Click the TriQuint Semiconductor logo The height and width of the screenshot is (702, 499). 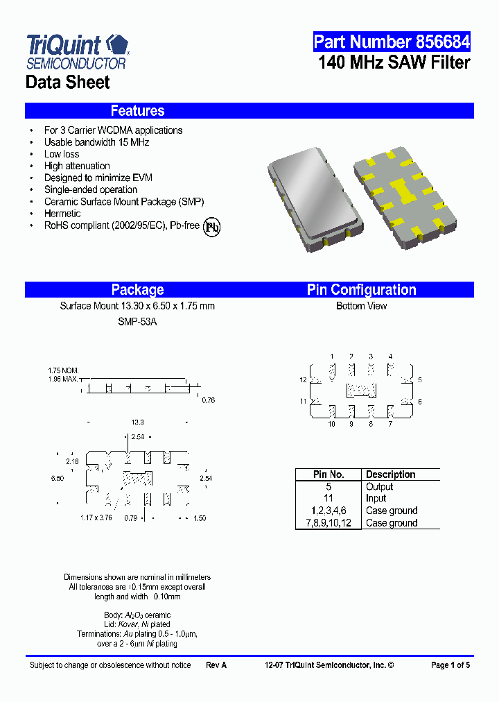pyautogui.click(x=77, y=51)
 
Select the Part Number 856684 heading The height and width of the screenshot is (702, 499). pyautogui.click(x=392, y=42)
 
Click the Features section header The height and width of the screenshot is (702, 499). pyautogui.click(x=137, y=111)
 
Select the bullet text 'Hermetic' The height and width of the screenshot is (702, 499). pyautogui.click(x=62, y=214)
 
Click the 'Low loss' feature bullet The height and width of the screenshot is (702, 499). pyautogui.click(x=62, y=154)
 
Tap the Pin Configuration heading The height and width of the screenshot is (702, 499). pyautogui.click(x=361, y=290)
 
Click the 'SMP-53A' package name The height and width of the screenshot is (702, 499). pyautogui.click(x=137, y=322)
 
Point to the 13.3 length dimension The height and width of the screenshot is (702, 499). pyautogui.click(x=137, y=422)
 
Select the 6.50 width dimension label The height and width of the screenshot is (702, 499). pyautogui.click(x=57, y=479)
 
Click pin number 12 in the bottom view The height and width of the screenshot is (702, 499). pyautogui.click(x=303, y=380)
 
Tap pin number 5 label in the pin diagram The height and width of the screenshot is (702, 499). pyautogui.click(x=420, y=380)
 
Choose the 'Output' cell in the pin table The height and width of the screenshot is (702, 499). pyautogui.click(x=379, y=487)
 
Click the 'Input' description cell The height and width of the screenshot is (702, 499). pyautogui.click(x=376, y=499)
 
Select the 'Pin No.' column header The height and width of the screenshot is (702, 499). pyautogui.click(x=329, y=474)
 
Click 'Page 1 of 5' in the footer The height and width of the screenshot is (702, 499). pyautogui.click(x=450, y=665)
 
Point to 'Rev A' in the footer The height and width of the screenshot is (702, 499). pyautogui.click(x=216, y=665)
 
